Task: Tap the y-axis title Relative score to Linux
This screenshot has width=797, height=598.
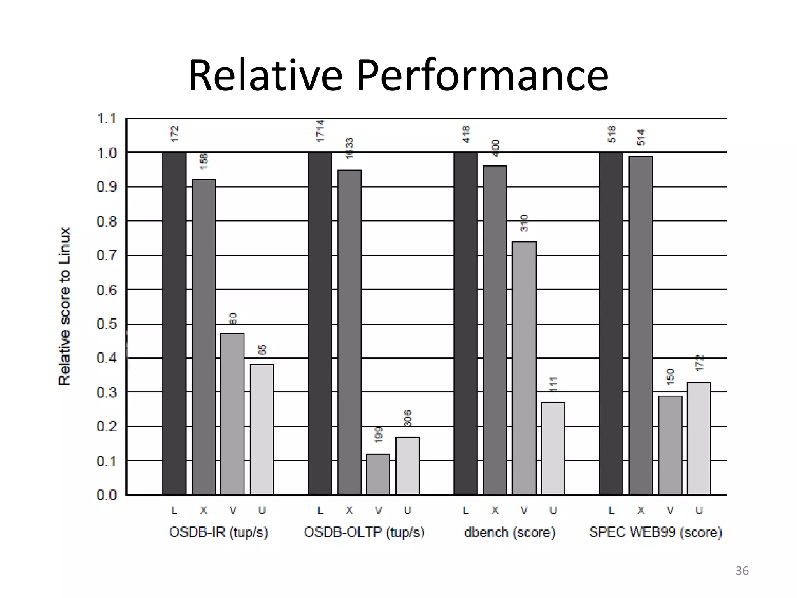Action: coord(65,306)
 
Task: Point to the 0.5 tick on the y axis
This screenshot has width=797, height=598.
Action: coord(106,324)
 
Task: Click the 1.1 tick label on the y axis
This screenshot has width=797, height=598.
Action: coord(106,118)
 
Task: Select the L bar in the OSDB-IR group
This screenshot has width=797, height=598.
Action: coord(174,323)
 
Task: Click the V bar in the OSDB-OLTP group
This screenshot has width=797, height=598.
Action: coord(378,474)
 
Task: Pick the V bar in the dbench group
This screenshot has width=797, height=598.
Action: coord(524,368)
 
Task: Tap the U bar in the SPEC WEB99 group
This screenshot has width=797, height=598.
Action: coord(699,438)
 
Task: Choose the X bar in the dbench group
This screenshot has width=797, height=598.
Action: coord(495,330)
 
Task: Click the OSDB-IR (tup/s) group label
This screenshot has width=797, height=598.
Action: coord(218,532)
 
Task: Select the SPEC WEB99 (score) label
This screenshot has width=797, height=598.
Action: coord(655,532)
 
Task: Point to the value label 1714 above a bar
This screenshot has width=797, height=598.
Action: coord(320,131)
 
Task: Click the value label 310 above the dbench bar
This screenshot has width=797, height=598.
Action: coord(524,223)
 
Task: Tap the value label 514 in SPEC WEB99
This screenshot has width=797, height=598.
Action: coord(641,137)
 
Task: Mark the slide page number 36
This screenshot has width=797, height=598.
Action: coord(742,571)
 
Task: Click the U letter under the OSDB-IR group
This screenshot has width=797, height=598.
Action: coord(262,510)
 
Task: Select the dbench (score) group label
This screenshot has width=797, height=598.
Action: coord(509,532)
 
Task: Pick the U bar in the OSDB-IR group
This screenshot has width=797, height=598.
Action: coord(262,429)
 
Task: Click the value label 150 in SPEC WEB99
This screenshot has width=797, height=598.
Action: coord(670,377)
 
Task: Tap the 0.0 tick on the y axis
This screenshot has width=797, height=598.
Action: coord(106,495)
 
